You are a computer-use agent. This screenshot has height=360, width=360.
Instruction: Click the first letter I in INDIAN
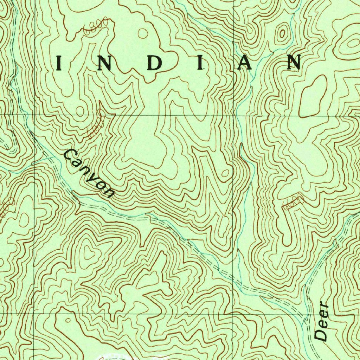59,64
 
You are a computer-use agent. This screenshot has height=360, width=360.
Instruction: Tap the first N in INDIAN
103,64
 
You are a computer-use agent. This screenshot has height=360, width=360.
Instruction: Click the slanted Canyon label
89,173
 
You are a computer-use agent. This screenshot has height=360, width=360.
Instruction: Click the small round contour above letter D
143,33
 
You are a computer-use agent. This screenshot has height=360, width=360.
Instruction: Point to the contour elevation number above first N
94,27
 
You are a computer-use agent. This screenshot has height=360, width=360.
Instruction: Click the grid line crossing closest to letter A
233,115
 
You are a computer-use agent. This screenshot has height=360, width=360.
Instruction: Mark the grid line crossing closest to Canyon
34,115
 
